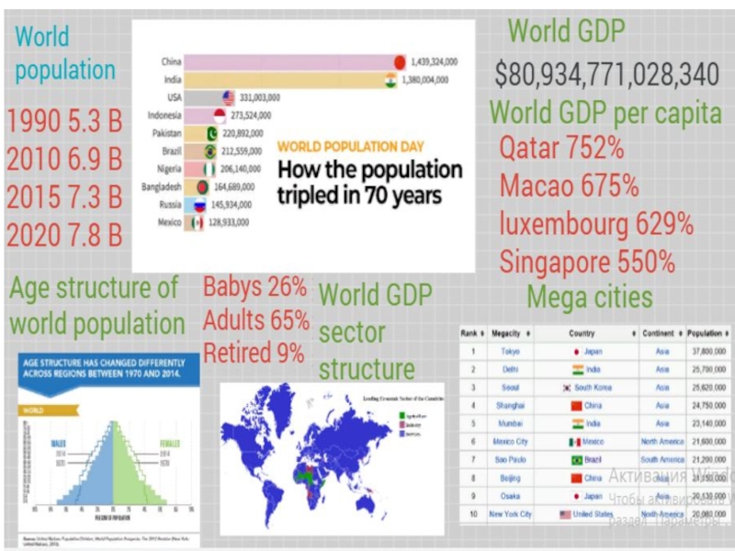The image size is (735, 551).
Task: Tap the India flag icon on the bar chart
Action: pyautogui.click(x=390, y=80)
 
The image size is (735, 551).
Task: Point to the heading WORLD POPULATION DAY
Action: pyautogui.click(x=350, y=146)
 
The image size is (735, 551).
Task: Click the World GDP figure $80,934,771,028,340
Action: pyautogui.click(x=606, y=74)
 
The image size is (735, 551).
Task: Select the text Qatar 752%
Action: pyautogui.click(x=561, y=148)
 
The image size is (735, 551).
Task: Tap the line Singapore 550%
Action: pyautogui.click(x=587, y=262)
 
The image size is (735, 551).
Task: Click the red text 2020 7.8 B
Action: pyautogui.click(x=64, y=234)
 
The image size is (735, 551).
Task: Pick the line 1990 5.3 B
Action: pyautogui.click(x=64, y=121)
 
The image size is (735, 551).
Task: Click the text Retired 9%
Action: pyautogui.click(x=254, y=353)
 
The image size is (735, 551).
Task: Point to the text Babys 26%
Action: pyautogui.click(x=254, y=287)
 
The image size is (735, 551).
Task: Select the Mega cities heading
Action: pyautogui.click(x=590, y=298)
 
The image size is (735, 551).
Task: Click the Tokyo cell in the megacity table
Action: pyautogui.click(x=510, y=351)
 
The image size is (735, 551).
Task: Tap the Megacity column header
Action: pyautogui.click(x=508, y=333)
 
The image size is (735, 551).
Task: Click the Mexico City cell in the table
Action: pyautogui.click(x=510, y=442)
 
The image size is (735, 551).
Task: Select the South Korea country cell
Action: pyautogui.click(x=588, y=388)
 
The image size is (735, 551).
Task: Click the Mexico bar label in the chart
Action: pyautogui.click(x=169, y=222)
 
